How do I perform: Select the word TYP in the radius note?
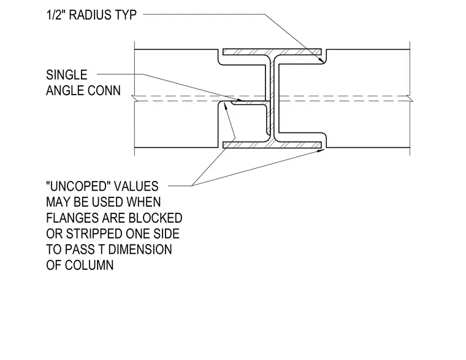point(126,15)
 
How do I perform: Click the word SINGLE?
point(67,75)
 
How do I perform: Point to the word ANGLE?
point(66,91)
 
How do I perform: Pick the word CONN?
point(105,91)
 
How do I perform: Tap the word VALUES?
point(136,186)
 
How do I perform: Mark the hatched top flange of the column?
point(272,52)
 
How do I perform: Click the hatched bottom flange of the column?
point(272,145)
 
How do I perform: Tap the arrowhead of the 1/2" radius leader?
point(321,59)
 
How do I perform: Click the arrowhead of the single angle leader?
point(240,100)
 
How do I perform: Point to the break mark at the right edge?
point(410,99)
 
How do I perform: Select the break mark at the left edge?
point(134,99)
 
